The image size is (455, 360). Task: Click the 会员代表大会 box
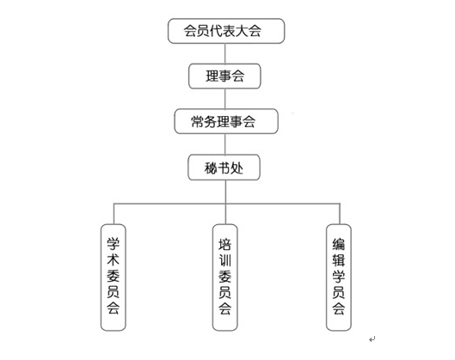click(x=226, y=31)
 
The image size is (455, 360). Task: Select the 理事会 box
click(x=224, y=76)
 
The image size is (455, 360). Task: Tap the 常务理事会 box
click(x=226, y=121)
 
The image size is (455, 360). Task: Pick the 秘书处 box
click(x=224, y=168)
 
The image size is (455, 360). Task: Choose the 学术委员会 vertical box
click(x=114, y=278)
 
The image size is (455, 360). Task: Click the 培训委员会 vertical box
click(x=224, y=278)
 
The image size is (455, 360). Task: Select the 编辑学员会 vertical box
click(x=339, y=278)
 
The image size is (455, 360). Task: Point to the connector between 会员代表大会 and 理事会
click(x=225, y=53)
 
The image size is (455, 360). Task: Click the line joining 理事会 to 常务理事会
click(x=225, y=99)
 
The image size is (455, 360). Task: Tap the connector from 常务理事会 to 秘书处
click(x=225, y=144)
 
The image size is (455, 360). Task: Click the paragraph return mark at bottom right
click(x=372, y=339)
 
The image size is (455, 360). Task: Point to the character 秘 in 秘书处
click(x=211, y=168)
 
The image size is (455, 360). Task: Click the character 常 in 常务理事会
click(x=197, y=121)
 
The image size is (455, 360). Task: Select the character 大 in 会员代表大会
click(x=242, y=31)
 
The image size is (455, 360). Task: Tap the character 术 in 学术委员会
click(x=114, y=259)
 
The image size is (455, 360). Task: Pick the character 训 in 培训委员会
click(x=224, y=260)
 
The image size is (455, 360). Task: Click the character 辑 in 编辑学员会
click(x=339, y=260)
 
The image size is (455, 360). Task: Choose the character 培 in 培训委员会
click(x=224, y=244)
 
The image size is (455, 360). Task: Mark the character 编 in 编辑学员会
click(x=339, y=244)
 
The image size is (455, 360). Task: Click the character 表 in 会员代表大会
click(x=229, y=31)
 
